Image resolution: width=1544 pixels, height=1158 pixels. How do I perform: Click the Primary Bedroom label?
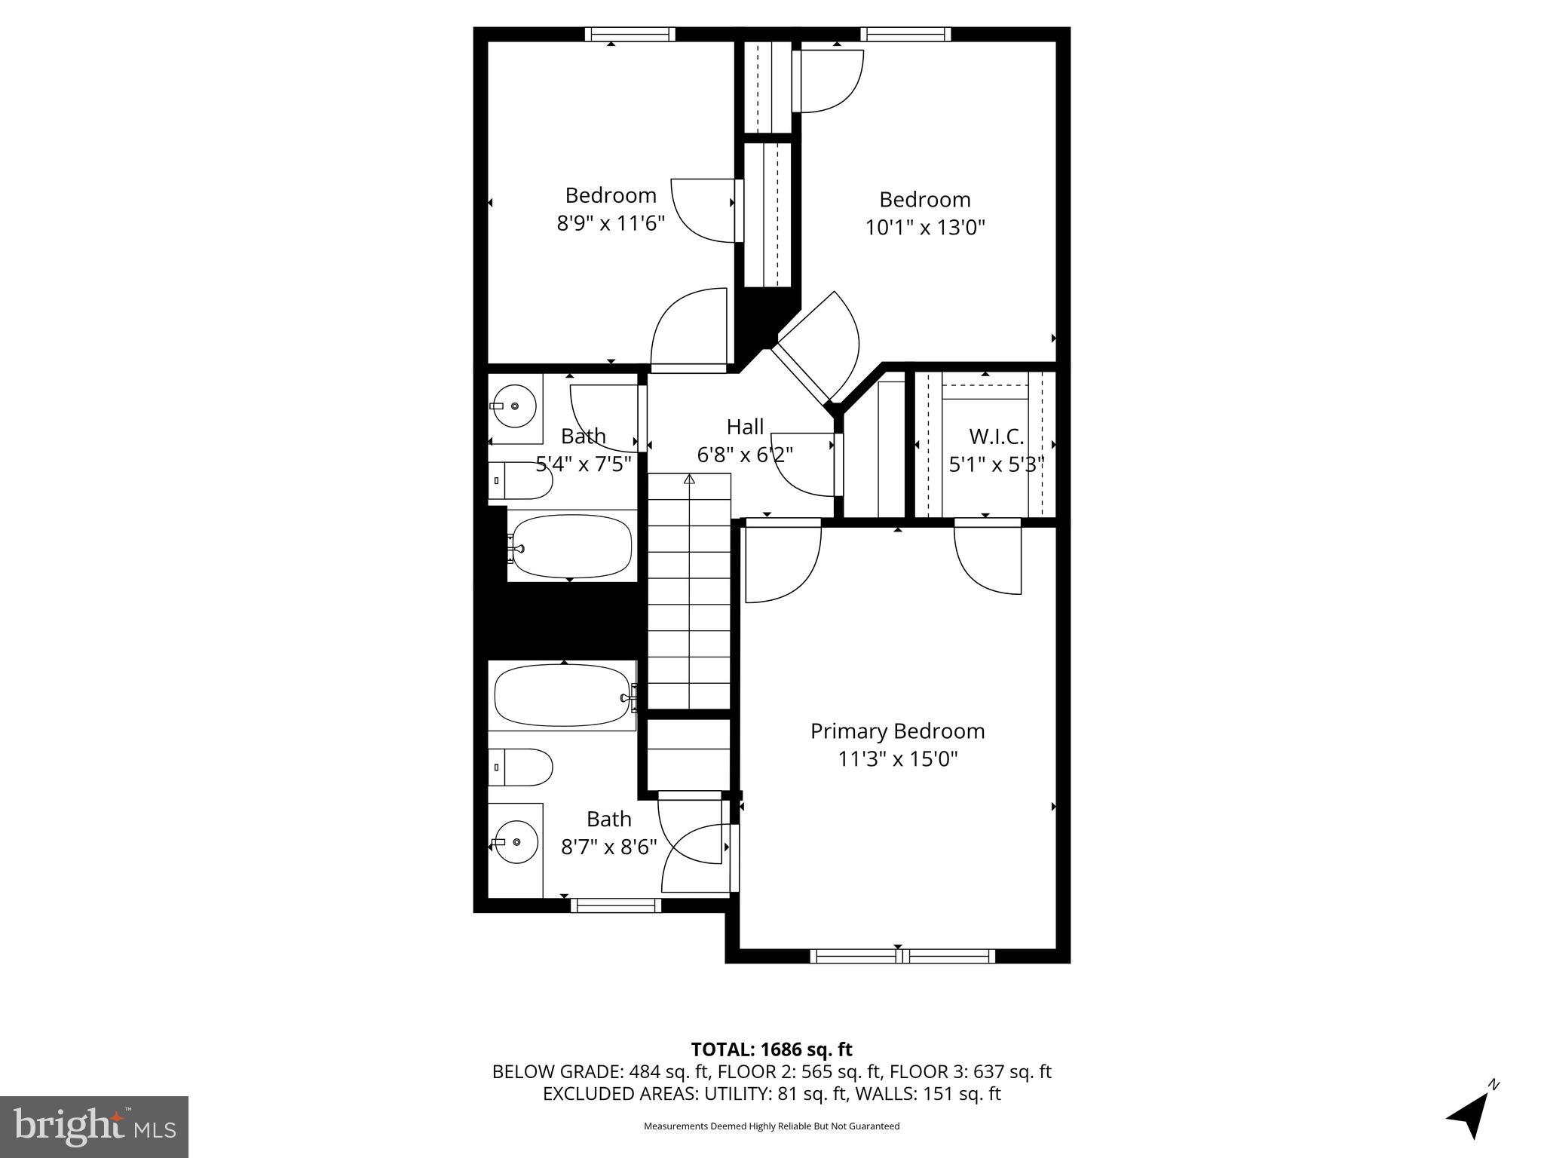(897, 731)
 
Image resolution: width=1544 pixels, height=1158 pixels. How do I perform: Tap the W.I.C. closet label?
(996, 437)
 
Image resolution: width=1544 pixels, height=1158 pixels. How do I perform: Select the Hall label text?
(745, 427)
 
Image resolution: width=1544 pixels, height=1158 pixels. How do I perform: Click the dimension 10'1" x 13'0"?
(925, 227)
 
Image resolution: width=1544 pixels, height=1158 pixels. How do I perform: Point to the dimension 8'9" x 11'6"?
(611, 223)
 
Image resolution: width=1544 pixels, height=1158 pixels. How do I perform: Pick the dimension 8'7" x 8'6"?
(609, 847)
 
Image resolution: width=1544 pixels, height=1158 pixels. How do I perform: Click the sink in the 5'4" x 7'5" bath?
(515, 406)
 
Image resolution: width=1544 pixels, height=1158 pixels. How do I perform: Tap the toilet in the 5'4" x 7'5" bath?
(520, 481)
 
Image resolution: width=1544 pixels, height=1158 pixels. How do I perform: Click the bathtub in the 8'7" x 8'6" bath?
(562, 696)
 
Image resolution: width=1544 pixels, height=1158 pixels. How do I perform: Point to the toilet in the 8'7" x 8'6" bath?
(521, 767)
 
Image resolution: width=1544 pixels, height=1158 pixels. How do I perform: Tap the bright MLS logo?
(94, 1126)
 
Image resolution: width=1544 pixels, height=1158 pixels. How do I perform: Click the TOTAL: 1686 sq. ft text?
(771, 1049)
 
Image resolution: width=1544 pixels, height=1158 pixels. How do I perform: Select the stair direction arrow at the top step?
(689, 479)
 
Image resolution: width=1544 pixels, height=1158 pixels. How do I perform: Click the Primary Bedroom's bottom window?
(902, 956)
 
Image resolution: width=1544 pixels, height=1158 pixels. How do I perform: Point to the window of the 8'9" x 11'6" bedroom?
(630, 34)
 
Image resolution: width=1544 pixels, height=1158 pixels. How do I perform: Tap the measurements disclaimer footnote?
(771, 1126)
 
